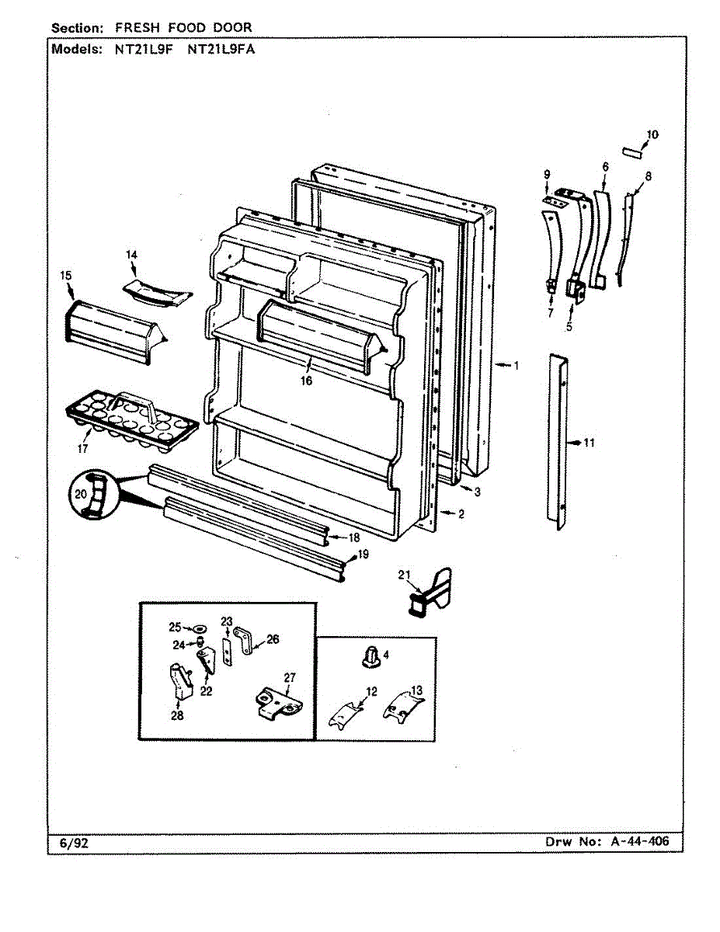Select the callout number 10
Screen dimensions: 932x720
[x=652, y=134]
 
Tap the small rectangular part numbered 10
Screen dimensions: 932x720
[x=631, y=151]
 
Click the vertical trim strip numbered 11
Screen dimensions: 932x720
[x=560, y=443]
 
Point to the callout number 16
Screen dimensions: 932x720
[x=308, y=381]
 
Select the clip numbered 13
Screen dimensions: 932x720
[x=403, y=705]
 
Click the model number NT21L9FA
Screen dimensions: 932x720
[x=221, y=48]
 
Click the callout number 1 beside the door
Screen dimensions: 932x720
[x=515, y=365]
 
